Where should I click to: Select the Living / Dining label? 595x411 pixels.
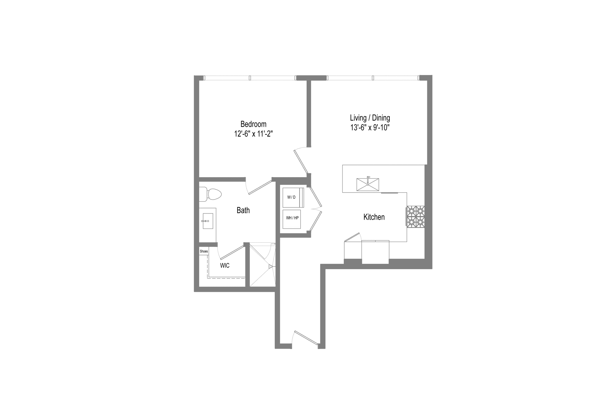[370, 118]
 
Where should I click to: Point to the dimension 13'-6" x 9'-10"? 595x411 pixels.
[370, 127]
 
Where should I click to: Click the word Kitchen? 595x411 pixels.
[374, 217]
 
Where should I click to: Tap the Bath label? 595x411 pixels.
[243, 210]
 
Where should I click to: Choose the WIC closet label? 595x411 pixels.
[225, 266]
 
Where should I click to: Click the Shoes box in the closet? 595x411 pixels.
[204, 251]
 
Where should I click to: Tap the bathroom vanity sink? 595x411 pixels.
[208, 221]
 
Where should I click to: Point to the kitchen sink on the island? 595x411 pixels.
[368, 184]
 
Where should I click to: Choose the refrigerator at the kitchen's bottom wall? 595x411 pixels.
[375, 252]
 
